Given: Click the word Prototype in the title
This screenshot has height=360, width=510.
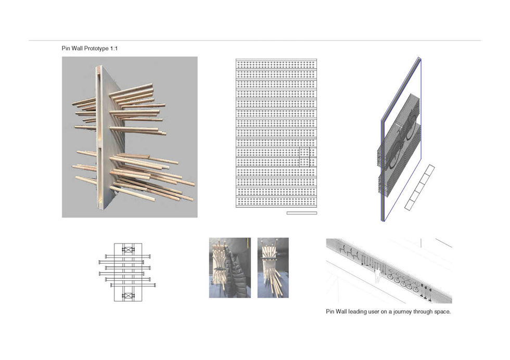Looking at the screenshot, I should (95, 48).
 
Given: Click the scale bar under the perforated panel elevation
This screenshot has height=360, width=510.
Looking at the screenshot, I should (301, 212).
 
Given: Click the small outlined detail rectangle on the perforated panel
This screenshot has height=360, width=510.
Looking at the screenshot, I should (304, 157).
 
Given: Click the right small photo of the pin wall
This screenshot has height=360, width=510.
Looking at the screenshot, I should (273, 267).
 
